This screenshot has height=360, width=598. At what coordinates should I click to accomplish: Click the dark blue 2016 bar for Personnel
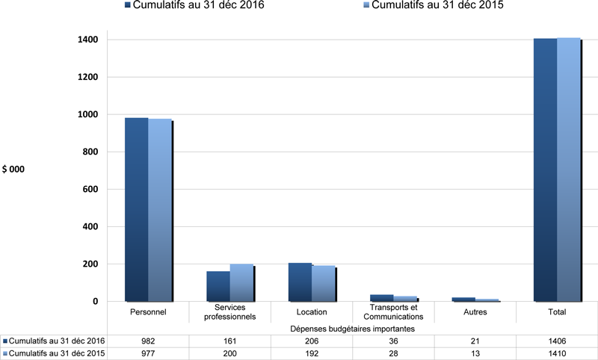136,209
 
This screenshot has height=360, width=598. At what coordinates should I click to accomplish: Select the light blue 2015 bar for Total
568,169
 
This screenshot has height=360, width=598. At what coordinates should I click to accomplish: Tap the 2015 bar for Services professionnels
241,282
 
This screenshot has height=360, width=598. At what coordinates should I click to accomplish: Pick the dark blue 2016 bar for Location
300,282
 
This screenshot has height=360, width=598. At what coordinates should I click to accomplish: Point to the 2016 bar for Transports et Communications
381,297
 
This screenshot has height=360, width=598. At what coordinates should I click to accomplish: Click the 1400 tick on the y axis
89,40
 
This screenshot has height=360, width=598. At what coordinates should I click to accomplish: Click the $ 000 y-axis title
13,170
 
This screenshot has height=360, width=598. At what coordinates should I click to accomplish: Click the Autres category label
475,311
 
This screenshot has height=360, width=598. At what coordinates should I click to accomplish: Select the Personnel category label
148,311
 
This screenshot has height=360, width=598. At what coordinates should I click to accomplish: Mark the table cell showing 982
148,340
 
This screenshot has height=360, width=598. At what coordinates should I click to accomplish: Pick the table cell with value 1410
556,353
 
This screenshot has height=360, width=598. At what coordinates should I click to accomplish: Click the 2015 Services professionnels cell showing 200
230,353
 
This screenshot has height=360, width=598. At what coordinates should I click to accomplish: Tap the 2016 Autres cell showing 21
475,340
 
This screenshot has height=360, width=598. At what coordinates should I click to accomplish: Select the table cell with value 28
393,353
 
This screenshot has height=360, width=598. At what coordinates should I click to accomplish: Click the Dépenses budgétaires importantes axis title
352,328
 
